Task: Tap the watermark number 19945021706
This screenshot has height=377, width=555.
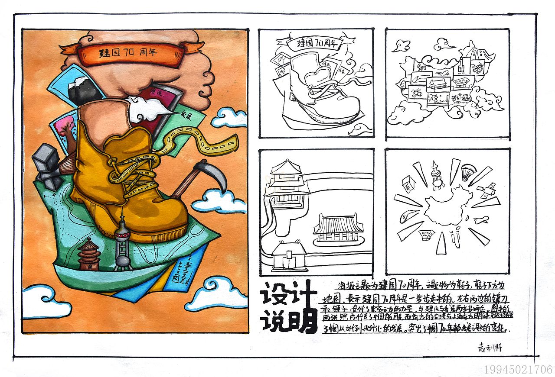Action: (x=518, y=369)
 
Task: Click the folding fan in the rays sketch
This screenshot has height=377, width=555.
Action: (x=468, y=171)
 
